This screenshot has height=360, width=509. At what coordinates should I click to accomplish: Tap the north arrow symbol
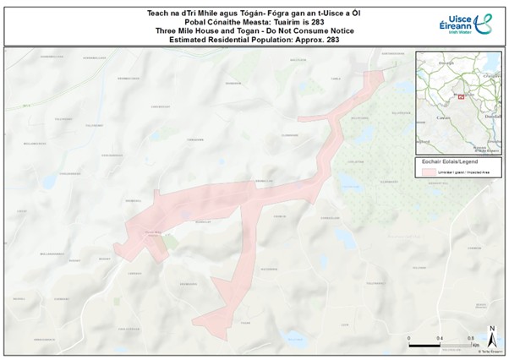(491, 331)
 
